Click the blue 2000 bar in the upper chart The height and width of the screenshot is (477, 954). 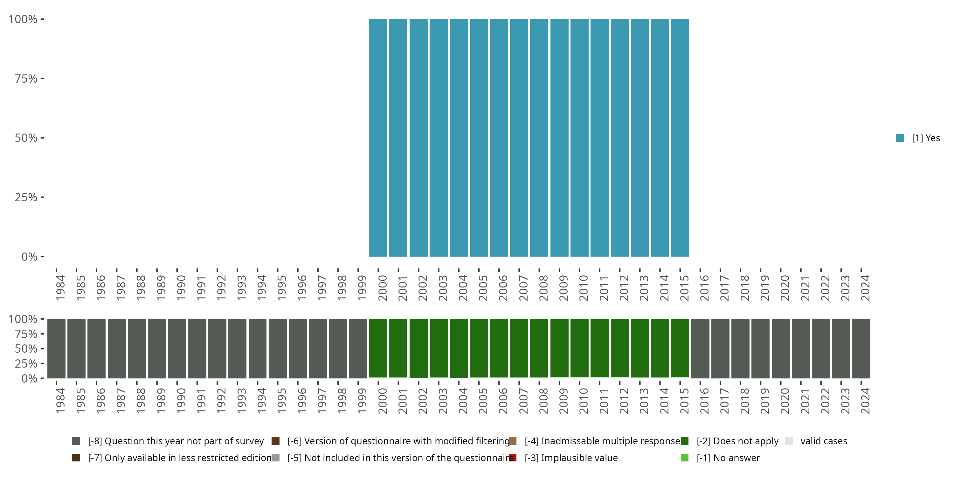click(378, 138)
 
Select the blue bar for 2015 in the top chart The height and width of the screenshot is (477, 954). click(680, 138)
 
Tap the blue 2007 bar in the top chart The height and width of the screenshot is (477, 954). click(519, 138)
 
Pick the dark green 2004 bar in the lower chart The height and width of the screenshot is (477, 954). click(459, 348)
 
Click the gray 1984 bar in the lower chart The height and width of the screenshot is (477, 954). click(56, 349)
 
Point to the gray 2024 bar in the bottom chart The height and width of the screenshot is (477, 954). click(861, 349)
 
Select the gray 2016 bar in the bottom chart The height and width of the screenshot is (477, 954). click(700, 349)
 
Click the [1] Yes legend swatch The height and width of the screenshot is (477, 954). click(900, 138)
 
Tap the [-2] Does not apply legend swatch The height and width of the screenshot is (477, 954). click(684, 441)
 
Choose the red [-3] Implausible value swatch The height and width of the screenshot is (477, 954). click(513, 458)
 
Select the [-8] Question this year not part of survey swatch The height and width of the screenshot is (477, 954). click(76, 441)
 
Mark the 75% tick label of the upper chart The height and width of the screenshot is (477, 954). click(26, 79)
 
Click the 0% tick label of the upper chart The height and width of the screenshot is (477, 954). click(29, 257)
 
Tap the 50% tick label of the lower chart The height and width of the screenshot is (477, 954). click(26, 349)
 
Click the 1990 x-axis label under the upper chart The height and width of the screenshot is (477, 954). click(181, 288)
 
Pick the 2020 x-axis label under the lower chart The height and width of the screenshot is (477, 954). click(785, 401)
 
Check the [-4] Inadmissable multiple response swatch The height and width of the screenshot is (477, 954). click(513, 441)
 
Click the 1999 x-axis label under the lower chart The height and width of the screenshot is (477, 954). click(362, 401)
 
